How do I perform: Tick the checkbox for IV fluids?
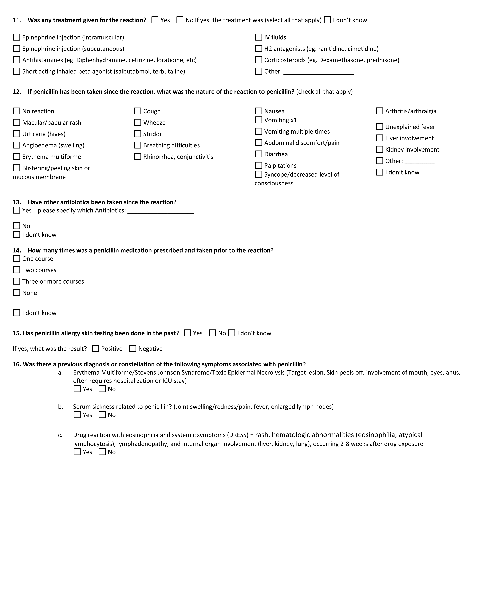coord(258,37)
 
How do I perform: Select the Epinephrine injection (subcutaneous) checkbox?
coord(17,49)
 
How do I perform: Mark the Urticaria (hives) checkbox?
coord(17,134)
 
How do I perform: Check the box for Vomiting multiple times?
coord(258,131)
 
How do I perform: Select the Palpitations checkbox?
coord(258,165)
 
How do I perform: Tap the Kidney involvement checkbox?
coord(379,149)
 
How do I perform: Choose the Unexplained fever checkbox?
coord(379,127)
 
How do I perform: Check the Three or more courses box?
coord(17,281)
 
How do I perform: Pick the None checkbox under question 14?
coord(17,293)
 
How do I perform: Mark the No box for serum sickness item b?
coord(102,415)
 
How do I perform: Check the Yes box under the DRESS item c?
coord(77,452)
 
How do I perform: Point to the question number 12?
coord(17,92)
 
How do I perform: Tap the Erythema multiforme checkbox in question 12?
coord(17,156)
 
